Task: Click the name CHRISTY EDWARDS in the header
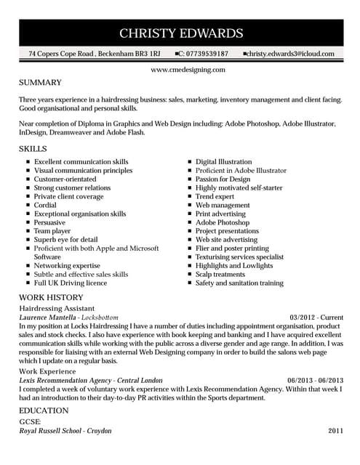click(180, 33)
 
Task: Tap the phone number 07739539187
click(207, 54)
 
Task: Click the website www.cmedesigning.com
click(188, 70)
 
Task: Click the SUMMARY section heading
click(40, 83)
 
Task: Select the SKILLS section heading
click(34, 148)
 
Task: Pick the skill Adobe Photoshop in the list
click(224, 222)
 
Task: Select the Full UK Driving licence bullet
click(71, 283)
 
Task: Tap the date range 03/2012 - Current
click(316, 318)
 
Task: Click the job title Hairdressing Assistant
click(56, 309)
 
